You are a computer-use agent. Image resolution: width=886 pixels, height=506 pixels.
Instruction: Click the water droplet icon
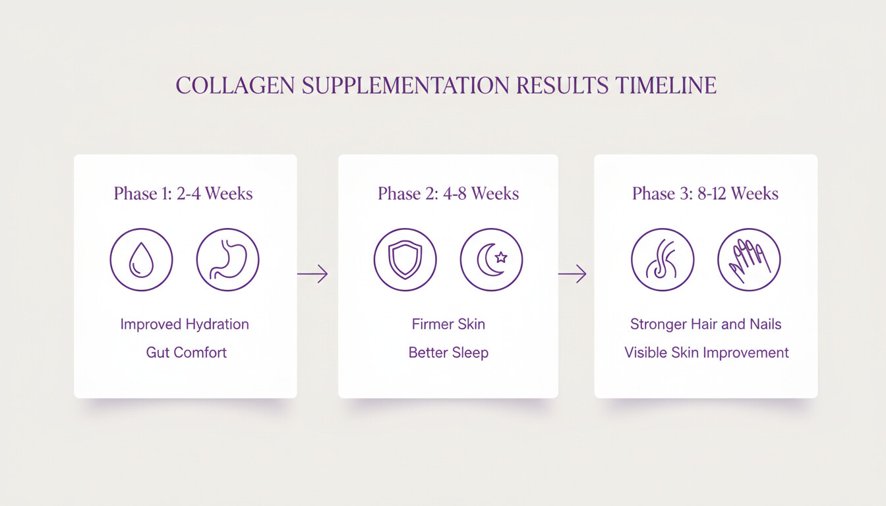[141, 260]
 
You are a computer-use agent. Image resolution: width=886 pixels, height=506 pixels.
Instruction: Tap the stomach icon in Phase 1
[227, 260]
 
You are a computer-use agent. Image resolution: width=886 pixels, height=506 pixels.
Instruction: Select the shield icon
[405, 260]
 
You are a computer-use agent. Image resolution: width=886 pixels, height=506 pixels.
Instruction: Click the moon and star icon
[491, 260]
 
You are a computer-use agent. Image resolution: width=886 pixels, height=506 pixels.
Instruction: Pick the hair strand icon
[663, 260]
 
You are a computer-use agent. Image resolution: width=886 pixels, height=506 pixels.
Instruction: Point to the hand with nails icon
[749, 260]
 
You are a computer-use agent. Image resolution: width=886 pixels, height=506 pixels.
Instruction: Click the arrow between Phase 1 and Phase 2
[312, 273]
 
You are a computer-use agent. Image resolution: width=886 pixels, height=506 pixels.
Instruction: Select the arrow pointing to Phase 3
[572, 273]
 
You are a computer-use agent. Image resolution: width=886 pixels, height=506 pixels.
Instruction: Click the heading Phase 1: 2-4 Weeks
[183, 194]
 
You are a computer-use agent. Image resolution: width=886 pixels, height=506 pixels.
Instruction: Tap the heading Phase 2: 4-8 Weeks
[448, 194]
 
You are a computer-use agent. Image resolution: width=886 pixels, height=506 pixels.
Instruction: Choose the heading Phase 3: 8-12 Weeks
[705, 194]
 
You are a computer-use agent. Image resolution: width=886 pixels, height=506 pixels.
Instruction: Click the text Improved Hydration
[185, 324]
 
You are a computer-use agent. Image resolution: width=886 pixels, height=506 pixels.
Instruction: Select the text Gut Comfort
[186, 352]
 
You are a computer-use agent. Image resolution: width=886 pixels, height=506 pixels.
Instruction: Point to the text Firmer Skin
[448, 324]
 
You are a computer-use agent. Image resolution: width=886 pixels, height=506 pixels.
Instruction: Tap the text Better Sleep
[448, 352]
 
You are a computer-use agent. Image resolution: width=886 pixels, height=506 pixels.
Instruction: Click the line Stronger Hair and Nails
[705, 324]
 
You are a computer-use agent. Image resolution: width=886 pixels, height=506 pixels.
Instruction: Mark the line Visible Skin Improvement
[706, 352]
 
